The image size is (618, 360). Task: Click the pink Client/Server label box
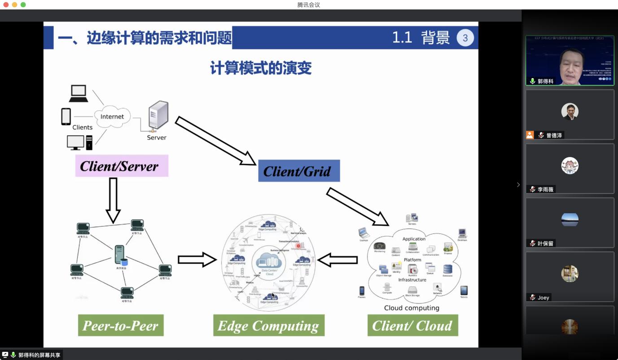121,166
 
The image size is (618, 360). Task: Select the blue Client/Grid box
298,171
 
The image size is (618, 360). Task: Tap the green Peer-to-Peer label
120,325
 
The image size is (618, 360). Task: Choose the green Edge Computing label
268,325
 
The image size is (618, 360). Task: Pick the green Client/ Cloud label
412,325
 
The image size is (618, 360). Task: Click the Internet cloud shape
112,117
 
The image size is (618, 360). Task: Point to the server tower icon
158,116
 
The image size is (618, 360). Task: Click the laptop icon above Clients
79,93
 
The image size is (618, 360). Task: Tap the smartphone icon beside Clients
66,117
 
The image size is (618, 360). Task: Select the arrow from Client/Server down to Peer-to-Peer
113,200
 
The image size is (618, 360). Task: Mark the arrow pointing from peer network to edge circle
197,260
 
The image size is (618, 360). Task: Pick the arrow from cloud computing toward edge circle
337,260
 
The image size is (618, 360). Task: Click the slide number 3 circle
465,38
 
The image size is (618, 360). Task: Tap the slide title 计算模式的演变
261,68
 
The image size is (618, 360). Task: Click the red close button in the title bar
6,4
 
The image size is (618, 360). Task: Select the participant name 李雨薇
546,189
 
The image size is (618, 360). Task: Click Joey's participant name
543,298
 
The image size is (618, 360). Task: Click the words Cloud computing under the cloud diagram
412,308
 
